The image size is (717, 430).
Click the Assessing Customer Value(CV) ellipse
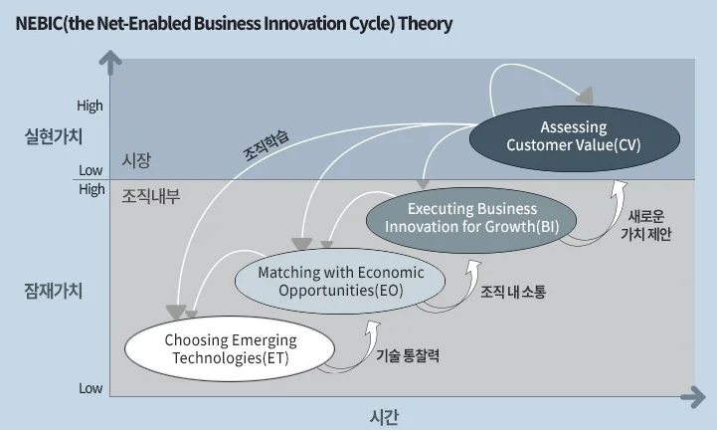[x=573, y=137]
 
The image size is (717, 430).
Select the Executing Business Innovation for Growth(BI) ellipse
[x=472, y=218]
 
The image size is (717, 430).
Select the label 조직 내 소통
[x=513, y=293]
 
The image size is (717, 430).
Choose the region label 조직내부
[x=149, y=196]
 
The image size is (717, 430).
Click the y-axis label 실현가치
[x=53, y=136]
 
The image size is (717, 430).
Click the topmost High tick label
[x=90, y=106]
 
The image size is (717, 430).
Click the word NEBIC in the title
[x=39, y=23]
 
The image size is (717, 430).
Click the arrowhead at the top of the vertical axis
[x=111, y=62]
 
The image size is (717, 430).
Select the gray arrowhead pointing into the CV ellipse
[x=586, y=97]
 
